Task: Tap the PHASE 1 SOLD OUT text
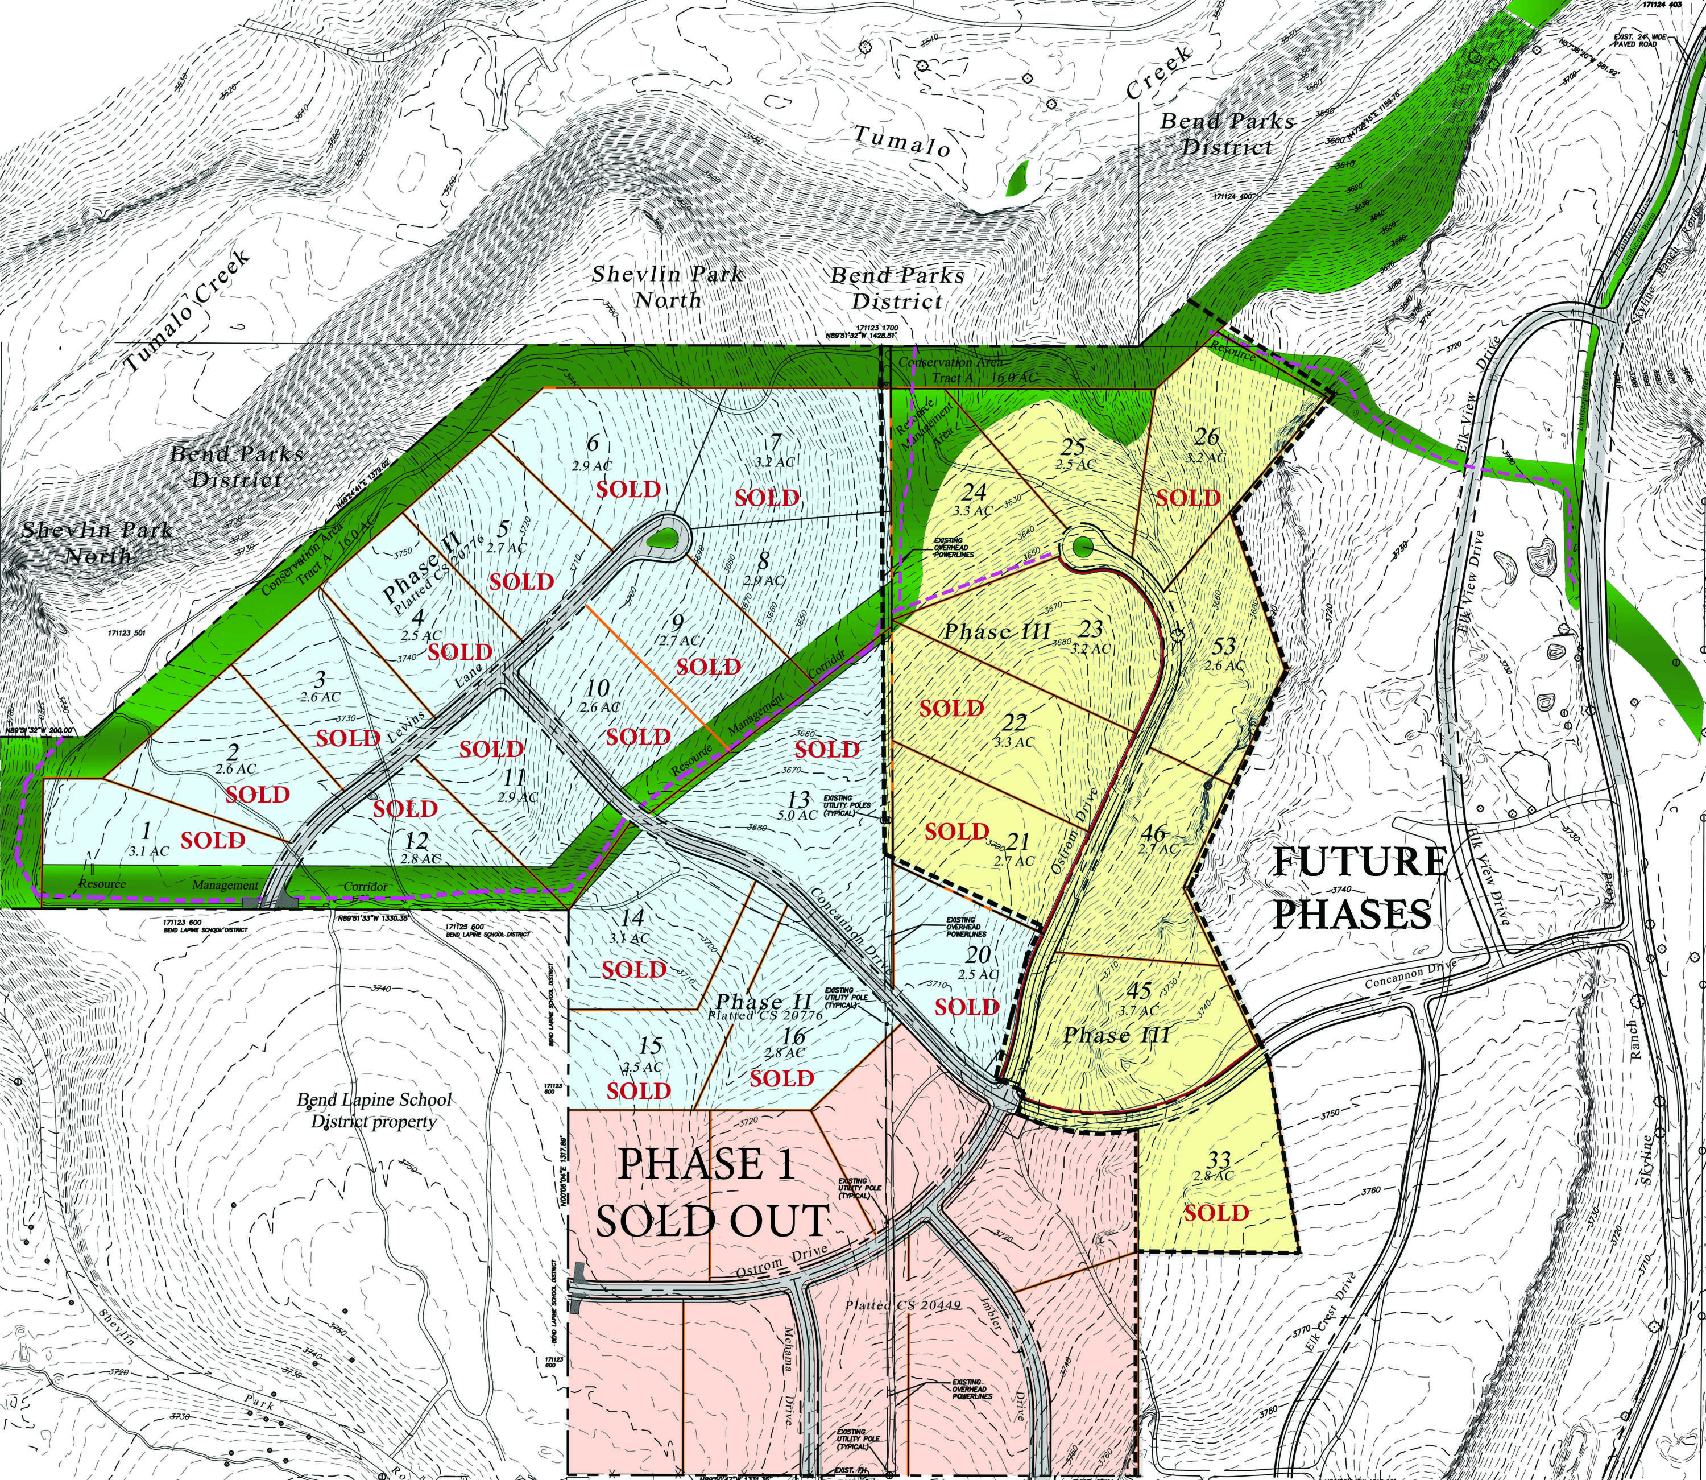(710, 1191)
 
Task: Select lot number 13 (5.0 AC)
(800, 800)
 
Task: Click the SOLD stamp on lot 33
(1216, 1213)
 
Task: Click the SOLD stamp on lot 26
(1187, 498)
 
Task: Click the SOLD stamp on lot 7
(767, 498)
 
